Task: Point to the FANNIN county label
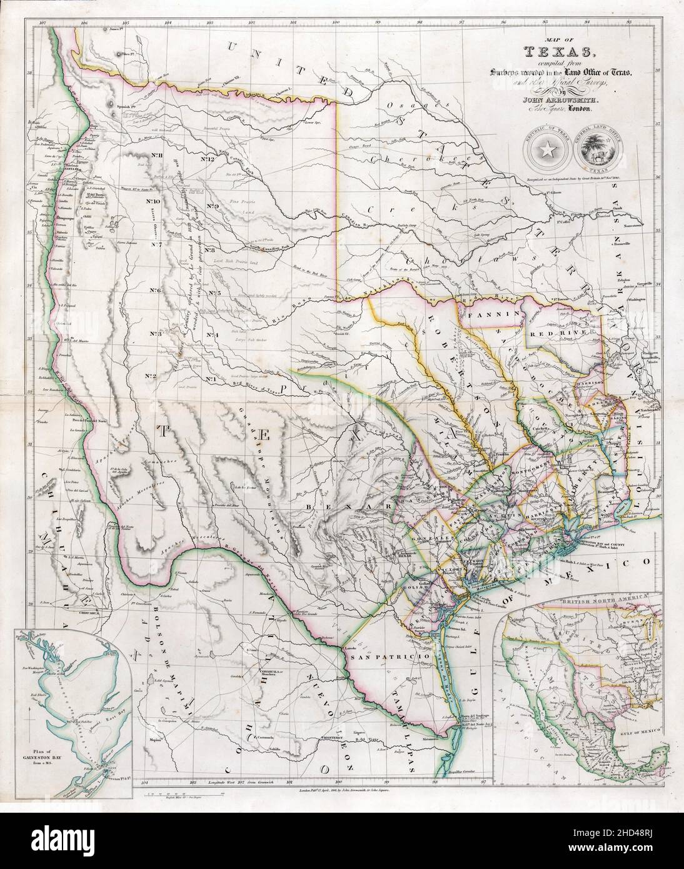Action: point(491,315)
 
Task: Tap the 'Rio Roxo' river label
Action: point(286,317)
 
